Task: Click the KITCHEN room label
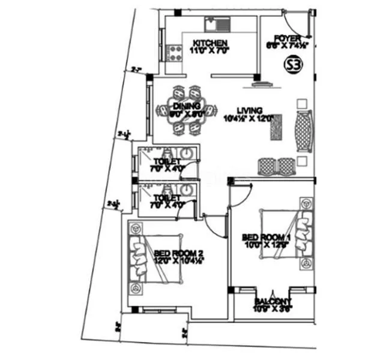click(210, 43)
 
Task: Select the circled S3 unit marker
click(292, 64)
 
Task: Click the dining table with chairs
click(186, 110)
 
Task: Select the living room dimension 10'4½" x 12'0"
click(249, 118)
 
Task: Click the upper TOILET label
click(166, 161)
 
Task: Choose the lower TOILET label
click(166, 197)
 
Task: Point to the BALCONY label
click(273, 301)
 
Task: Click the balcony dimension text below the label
click(273, 310)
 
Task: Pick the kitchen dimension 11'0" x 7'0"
click(210, 51)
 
